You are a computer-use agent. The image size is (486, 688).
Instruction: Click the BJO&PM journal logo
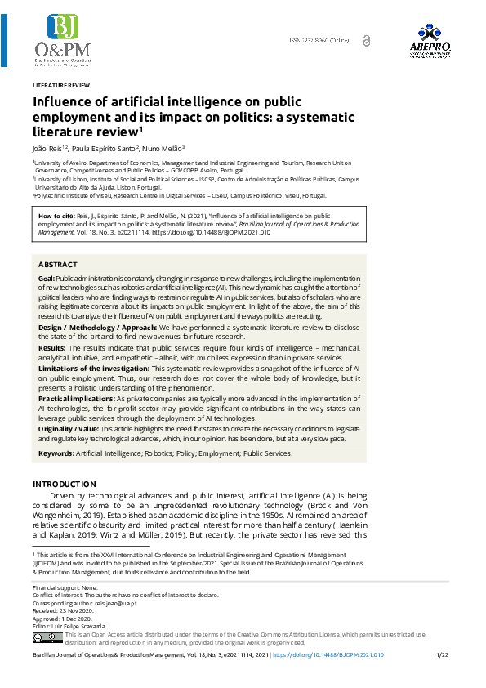(62, 41)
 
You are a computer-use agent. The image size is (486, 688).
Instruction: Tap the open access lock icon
(366, 40)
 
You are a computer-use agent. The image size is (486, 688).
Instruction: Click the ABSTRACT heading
(58, 265)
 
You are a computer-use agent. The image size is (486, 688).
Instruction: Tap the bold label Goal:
(47, 279)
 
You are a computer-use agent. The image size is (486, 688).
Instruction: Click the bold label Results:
(52, 347)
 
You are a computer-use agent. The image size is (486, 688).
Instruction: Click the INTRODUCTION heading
(64, 485)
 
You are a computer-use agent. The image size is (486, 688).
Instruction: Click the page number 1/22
(443, 655)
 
